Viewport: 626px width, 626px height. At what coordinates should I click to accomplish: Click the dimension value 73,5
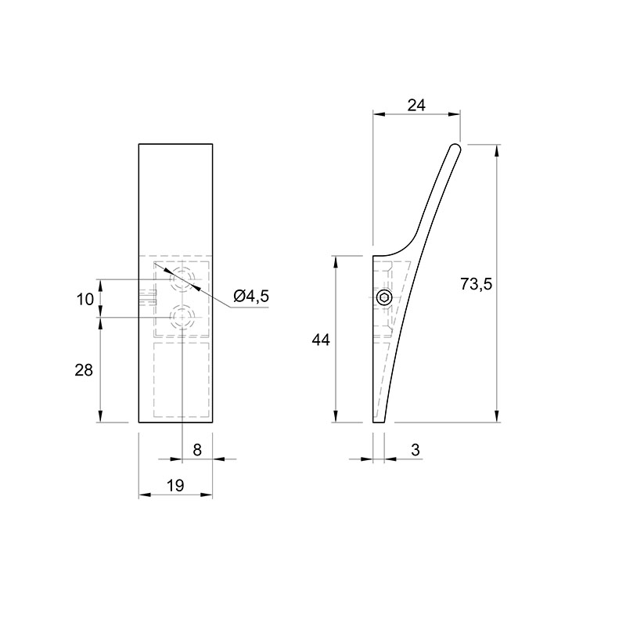(x=477, y=284)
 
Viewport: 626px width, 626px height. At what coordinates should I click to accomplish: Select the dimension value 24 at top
(x=416, y=106)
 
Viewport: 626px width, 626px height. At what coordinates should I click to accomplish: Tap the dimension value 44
(x=321, y=340)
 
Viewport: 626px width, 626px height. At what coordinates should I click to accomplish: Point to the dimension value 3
(x=416, y=450)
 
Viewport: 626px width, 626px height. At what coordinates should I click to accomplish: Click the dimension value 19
(x=175, y=486)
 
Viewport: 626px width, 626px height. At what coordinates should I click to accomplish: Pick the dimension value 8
(x=197, y=450)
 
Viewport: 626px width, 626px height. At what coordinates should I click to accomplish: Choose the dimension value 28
(x=84, y=370)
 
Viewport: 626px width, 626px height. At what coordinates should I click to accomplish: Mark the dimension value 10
(x=85, y=299)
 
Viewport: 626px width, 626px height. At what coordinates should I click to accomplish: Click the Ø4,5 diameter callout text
(x=251, y=297)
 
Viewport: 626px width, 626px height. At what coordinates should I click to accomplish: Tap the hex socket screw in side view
(x=384, y=297)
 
